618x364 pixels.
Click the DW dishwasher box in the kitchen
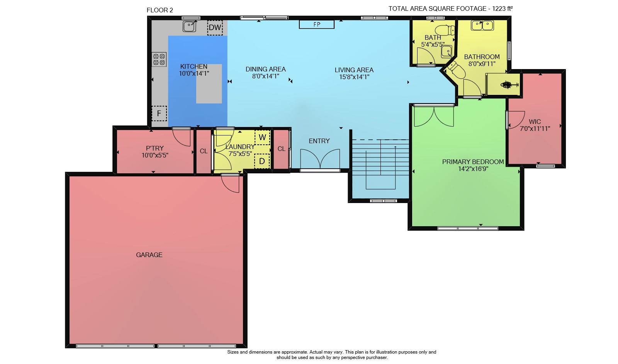pos(215,27)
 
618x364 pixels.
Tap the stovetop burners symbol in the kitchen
pos(159,59)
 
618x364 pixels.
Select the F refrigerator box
pos(159,113)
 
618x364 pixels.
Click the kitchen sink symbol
pos(190,27)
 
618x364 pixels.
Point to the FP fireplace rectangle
pos(317,24)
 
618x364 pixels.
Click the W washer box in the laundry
pos(262,137)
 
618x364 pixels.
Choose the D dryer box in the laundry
pos(262,161)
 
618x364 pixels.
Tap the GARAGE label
pos(149,255)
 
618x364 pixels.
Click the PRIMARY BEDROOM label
pos(473,162)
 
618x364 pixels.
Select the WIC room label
pos(535,122)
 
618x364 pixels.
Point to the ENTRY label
pos(319,141)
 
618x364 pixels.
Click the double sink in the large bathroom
pos(482,25)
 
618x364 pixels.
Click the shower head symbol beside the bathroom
pos(508,85)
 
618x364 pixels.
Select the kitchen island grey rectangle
pos(209,84)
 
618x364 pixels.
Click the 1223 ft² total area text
pos(503,8)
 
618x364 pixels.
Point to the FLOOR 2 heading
pos(160,10)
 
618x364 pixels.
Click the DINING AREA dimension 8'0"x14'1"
pos(266,76)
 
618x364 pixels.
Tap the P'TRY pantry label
pos(155,148)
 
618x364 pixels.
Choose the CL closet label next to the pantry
pos(204,151)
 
